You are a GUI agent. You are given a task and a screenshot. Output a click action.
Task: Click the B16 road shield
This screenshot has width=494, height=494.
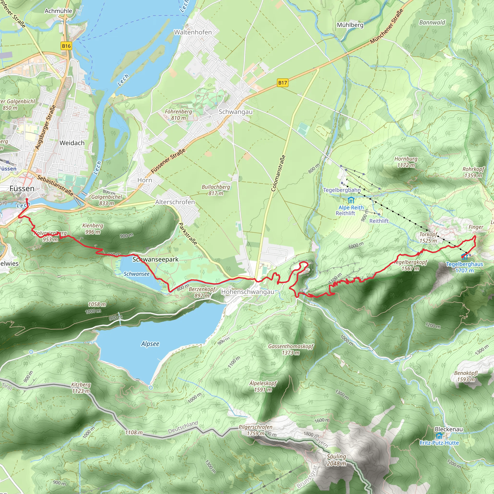click(x=66, y=46)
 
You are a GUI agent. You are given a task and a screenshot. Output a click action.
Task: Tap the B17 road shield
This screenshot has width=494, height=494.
click(x=282, y=82)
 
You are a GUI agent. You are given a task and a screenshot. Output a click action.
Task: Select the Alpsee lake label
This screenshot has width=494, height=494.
click(x=150, y=344)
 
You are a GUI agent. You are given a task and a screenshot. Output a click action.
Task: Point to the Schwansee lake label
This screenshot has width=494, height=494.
click(x=137, y=274)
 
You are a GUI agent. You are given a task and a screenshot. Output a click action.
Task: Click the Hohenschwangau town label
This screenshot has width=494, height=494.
click(x=247, y=292)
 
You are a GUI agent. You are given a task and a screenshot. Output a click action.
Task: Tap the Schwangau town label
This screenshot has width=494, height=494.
click(x=235, y=112)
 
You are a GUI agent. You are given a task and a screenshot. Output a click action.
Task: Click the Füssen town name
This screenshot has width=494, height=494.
click(x=22, y=188)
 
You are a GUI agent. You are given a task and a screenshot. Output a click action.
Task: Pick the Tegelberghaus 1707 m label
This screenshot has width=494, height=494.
click(x=464, y=267)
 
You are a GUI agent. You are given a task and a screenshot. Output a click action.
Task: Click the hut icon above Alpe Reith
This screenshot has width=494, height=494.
click(x=351, y=200)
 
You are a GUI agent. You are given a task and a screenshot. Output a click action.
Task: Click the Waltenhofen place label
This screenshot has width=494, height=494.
click(x=193, y=32)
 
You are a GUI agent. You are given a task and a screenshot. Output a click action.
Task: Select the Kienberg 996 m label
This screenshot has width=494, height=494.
click(x=93, y=229)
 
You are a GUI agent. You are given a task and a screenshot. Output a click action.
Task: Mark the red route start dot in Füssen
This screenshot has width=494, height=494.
click(x=27, y=199)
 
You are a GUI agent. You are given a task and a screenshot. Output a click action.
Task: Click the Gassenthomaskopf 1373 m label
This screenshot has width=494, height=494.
click(x=291, y=349)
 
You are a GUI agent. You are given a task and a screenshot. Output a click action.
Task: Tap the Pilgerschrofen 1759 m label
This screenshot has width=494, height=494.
click(x=255, y=430)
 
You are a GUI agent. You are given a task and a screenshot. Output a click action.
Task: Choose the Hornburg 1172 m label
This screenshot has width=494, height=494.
click(x=406, y=162)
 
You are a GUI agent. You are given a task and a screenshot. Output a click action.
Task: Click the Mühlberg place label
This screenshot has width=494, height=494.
click(x=350, y=25)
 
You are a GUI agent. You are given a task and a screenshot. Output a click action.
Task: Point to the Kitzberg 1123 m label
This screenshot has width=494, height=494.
click(x=81, y=388)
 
